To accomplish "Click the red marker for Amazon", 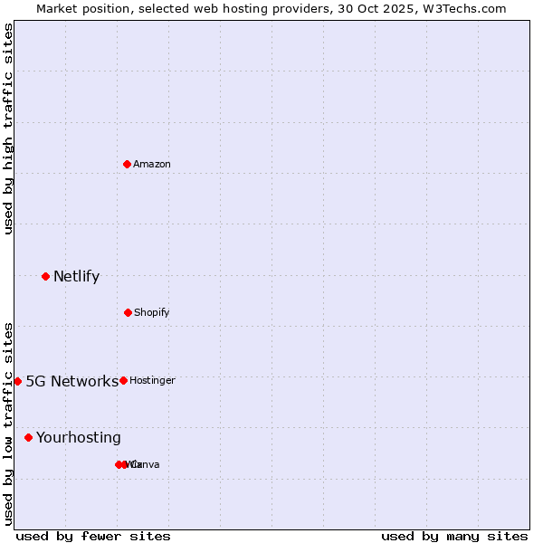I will coord(128,164).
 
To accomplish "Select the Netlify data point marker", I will coord(45,276).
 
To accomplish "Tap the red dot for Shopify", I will coord(128,312).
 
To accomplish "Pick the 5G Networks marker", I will coord(17,381).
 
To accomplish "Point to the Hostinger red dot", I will coord(123,380).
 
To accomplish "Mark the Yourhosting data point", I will coord(28,437).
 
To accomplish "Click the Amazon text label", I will coord(152,164).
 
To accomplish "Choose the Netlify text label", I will coord(76,276).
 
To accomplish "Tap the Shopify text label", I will coord(152,312).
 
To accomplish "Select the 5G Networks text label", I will coord(71,381).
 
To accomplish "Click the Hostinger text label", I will coord(152,380).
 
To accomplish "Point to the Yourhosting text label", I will coord(79,437).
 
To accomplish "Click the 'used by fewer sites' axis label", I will coord(93,536).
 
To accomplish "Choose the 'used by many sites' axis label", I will coord(454,536).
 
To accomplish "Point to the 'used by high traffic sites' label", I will coord(8,129).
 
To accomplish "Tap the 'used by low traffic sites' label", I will coord(8,424).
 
